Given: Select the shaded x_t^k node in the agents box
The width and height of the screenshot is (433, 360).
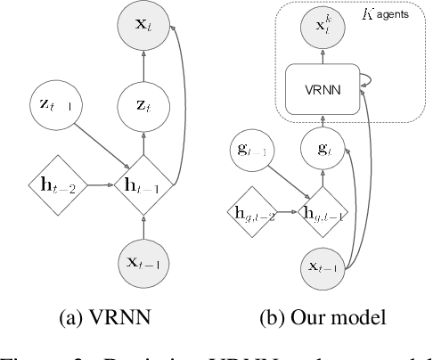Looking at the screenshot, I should pos(323,29).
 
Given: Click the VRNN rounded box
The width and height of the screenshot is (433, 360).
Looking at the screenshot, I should pos(323,91).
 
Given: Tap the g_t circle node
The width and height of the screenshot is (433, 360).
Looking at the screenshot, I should pos(323,149).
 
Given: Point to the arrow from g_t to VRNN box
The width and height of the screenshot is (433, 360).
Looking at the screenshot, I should pos(323,120).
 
